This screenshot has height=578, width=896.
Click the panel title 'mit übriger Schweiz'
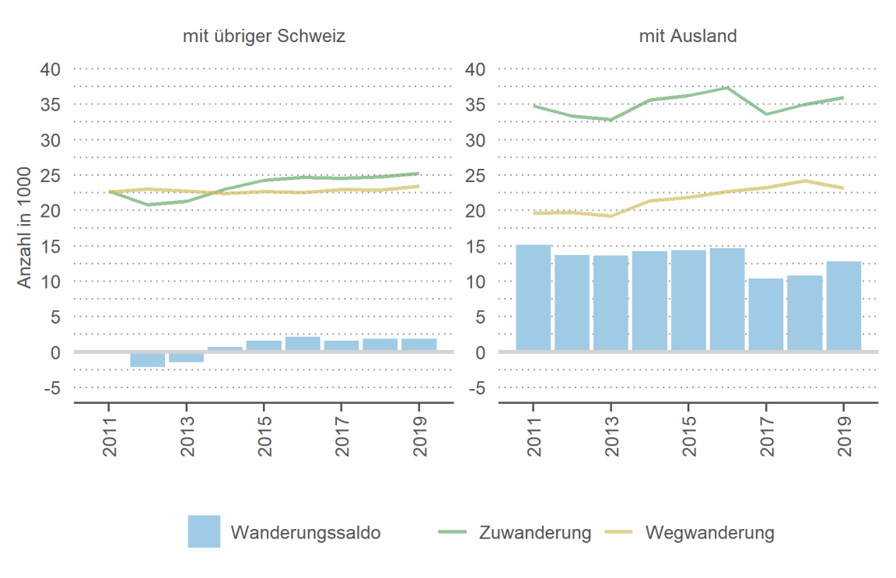coord(264,36)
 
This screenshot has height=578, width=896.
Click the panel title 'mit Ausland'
coord(688,36)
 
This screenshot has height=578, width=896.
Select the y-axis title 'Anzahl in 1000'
coord(26,227)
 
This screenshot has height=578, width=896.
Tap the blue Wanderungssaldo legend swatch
coord(204,532)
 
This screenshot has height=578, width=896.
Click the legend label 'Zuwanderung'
coord(535,533)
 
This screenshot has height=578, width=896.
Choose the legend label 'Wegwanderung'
coord(710,533)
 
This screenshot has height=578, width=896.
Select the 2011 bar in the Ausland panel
coord(534,298)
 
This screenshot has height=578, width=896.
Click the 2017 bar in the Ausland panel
coord(766,314)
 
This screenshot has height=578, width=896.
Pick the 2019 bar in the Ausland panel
coord(843,306)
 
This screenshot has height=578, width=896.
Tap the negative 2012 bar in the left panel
coord(147,359)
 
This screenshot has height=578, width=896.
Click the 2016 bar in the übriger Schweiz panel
coord(303,344)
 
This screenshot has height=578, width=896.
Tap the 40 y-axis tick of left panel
coord(50,69)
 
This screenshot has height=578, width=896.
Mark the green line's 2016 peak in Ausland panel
coord(727,87)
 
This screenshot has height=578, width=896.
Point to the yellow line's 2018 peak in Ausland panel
coord(805,180)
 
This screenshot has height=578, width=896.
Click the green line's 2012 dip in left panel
coord(147,205)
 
